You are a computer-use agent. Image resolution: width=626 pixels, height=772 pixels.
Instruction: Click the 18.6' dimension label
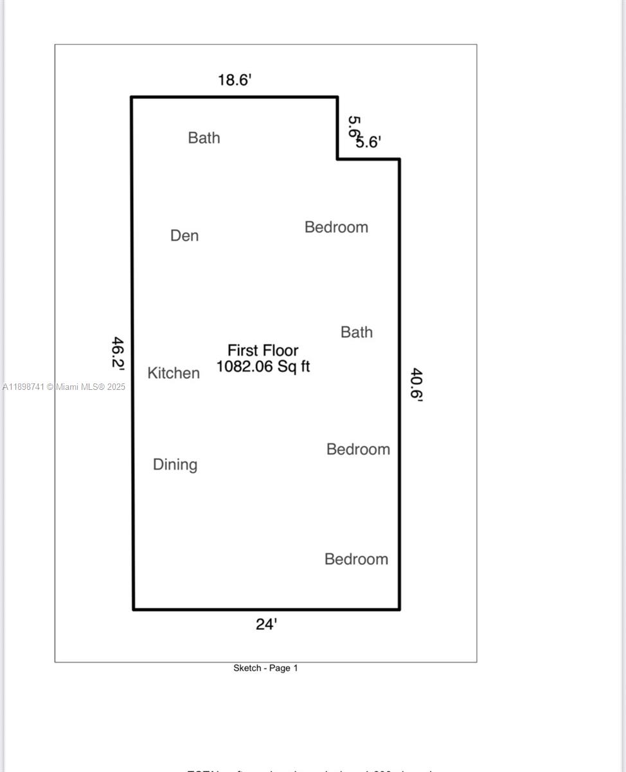235,80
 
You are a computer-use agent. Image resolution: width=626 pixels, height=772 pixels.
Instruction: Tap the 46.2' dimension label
118,353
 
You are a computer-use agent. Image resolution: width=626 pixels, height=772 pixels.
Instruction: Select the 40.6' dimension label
416,384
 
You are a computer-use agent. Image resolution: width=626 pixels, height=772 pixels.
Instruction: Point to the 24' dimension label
266,624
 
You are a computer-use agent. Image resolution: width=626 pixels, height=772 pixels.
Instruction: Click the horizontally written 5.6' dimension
370,143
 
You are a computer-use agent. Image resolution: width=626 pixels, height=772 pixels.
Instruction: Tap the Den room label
184,235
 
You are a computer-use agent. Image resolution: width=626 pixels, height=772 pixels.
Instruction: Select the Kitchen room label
174,373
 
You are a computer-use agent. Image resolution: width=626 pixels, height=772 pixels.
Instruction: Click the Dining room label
175,464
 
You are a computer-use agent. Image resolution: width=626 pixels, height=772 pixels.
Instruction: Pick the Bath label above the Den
204,138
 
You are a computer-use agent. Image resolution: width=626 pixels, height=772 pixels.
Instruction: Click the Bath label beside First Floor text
357,332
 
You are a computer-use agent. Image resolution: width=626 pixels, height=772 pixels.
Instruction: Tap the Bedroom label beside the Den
336,227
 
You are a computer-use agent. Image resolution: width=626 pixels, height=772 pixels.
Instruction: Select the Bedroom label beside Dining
358,449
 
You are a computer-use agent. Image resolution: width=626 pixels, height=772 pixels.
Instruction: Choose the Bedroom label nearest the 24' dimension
356,559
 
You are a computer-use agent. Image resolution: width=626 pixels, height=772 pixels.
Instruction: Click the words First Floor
263,351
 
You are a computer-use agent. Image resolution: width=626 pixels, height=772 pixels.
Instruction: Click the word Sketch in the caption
247,668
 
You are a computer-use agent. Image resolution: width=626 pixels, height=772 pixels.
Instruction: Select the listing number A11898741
23,387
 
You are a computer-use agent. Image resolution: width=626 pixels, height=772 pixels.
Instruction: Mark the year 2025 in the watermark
116,387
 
